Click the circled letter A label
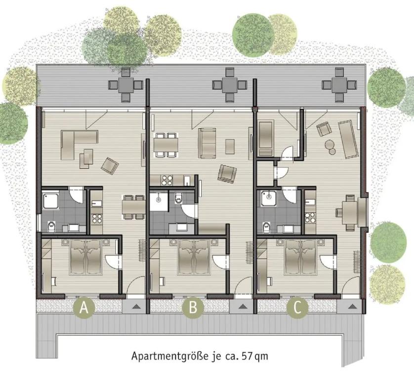(x=84, y=308)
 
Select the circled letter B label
(x=193, y=308)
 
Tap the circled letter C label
(x=297, y=308)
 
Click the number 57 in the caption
(x=248, y=356)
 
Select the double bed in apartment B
(x=194, y=257)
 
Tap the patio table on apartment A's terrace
(x=125, y=85)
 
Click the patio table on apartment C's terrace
(x=339, y=85)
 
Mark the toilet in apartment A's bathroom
(x=51, y=226)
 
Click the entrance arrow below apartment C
(x=351, y=306)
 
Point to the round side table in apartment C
(x=330, y=145)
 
